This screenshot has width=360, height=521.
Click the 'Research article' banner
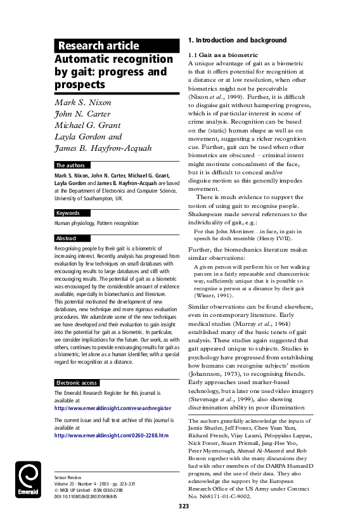(98, 46)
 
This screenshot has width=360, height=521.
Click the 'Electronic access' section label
(77, 383)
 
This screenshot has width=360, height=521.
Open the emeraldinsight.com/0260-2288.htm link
(111, 435)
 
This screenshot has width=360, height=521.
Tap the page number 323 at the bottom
(184, 506)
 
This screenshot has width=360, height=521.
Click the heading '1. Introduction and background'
(237, 41)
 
